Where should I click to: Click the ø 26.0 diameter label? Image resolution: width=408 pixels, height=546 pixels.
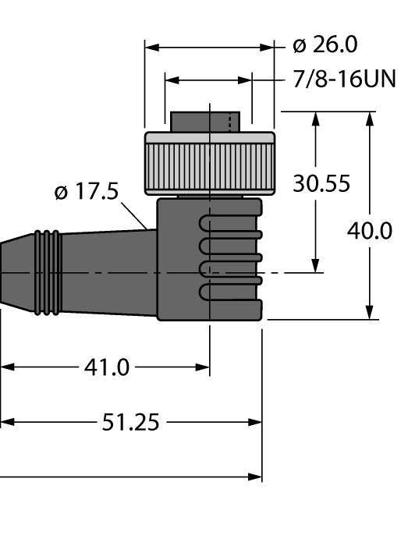pyautogui.click(x=325, y=45)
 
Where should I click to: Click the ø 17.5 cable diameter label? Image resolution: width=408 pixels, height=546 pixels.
pyautogui.click(x=87, y=192)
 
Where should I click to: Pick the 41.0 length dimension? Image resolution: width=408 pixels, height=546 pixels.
pyautogui.click(x=106, y=367)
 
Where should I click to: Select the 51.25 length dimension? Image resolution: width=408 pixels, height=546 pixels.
pyautogui.click(x=130, y=423)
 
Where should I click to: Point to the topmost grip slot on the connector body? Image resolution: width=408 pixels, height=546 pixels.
pyautogui.click(x=230, y=223)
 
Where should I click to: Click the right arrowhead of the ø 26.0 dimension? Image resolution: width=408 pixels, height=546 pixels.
pyautogui.click(x=271, y=48)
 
